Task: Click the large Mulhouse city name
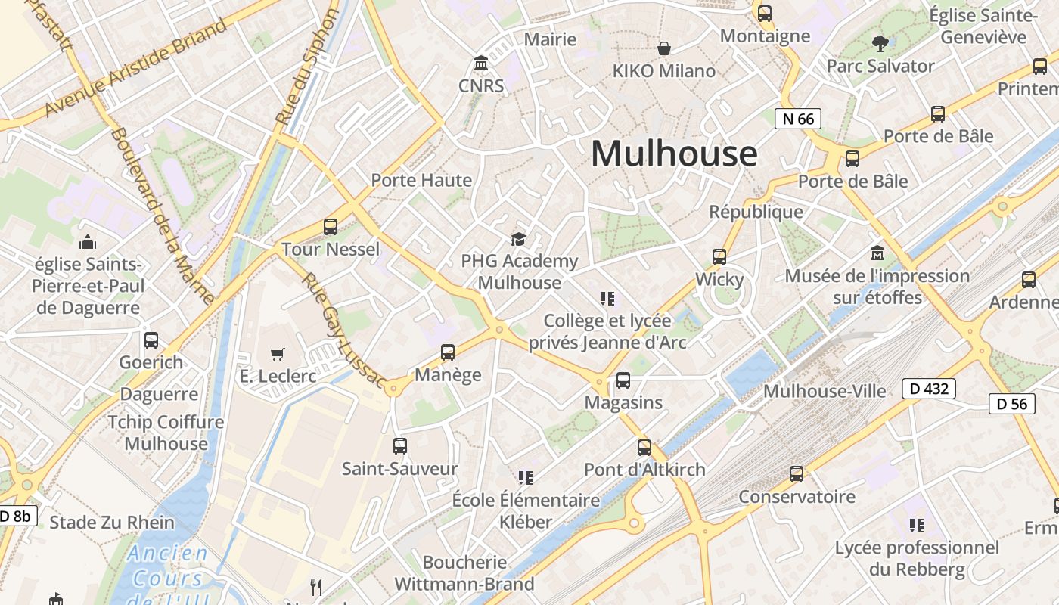[673, 154]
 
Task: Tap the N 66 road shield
[798, 119]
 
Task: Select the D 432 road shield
[929, 389]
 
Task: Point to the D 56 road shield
[1012, 404]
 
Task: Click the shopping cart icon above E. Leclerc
[278, 354]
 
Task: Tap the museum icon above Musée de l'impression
[877, 253]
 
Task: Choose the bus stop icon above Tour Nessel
[331, 226]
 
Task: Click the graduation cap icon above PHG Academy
[518, 240]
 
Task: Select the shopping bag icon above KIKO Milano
[664, 49]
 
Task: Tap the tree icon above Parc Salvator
[880, 44]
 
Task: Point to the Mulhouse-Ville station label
[825, 391]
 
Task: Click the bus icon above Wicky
[719, 257]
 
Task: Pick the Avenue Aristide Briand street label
[136, 68]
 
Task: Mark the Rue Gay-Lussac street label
[343, 330]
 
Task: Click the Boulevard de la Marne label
[162, 215]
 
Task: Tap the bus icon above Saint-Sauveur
[400, 446]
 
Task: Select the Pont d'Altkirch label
[644, 470]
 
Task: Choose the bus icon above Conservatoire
[797, 474]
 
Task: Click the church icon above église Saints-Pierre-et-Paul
[88, 243]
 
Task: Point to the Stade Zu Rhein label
[112, 523]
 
